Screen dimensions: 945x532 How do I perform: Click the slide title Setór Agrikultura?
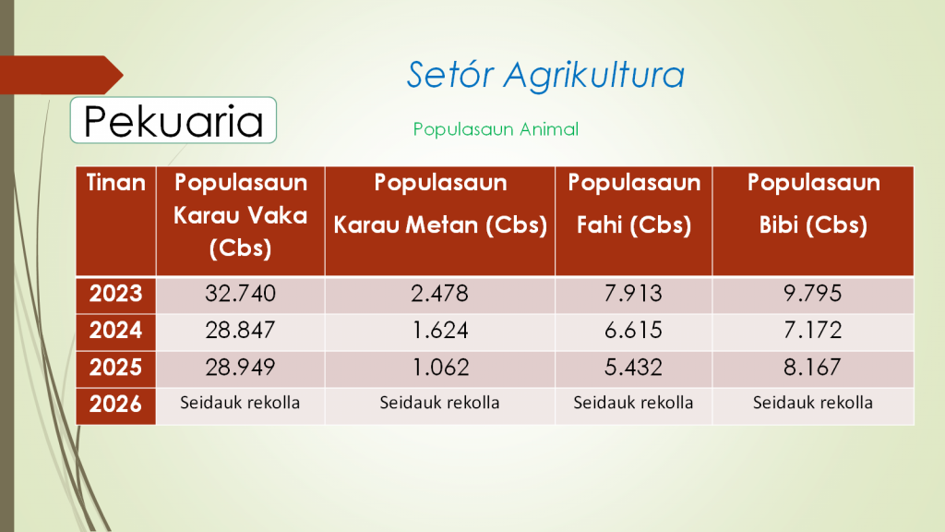[545, 76]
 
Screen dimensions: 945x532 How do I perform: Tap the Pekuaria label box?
[173, 120]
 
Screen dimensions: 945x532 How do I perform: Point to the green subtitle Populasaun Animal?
[496, 129]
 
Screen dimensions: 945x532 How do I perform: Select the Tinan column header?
[115, 183]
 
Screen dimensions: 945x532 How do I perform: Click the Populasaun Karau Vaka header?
[241, 215]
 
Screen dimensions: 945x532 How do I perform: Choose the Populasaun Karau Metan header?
[440, 203]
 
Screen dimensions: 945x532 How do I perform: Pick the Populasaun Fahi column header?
[634, 203]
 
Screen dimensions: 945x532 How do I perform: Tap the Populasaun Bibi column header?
[813, 203]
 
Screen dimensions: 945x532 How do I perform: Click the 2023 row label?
[115, 294]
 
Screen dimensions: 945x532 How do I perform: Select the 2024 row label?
[115, 331]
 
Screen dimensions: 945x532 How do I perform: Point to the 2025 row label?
[115, 368]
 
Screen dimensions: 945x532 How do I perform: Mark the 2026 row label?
[115, 405]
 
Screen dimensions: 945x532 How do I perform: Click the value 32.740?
[241, 294]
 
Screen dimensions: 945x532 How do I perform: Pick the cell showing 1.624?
[440, 331]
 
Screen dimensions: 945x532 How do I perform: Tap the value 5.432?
[633, 368]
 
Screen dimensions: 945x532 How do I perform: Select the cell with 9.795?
[812, 294]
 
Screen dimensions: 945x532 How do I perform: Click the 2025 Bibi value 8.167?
[812, 368]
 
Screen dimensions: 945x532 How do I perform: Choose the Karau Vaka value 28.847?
[241, 331]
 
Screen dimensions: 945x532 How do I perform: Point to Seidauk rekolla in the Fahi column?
[633, 403]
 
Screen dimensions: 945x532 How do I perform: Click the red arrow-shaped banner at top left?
[61, 75]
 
